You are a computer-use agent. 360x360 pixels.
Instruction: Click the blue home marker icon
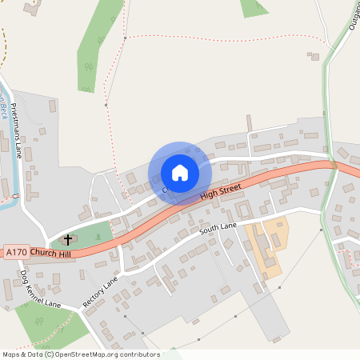pos(180,172)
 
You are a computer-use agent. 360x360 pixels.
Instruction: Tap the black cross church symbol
pos(68,239)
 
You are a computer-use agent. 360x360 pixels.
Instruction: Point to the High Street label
pos(220,191)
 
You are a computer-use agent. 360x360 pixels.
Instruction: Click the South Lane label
pos(218,230)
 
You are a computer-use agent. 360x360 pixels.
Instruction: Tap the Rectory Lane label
pos(100,292)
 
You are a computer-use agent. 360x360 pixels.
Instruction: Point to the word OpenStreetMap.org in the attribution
pos(95,354)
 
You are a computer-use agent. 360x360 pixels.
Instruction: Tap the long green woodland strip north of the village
pos(96,48)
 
